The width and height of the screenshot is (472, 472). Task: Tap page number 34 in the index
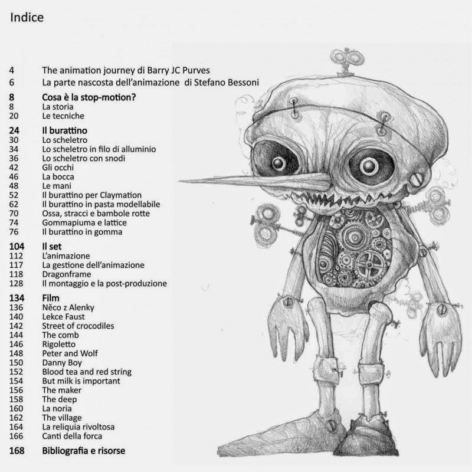[14, 149]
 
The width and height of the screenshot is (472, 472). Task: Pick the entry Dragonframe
[67, 274]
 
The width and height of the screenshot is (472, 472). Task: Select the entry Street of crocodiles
[78, 325]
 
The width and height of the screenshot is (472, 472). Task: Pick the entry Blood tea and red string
[86, 371]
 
